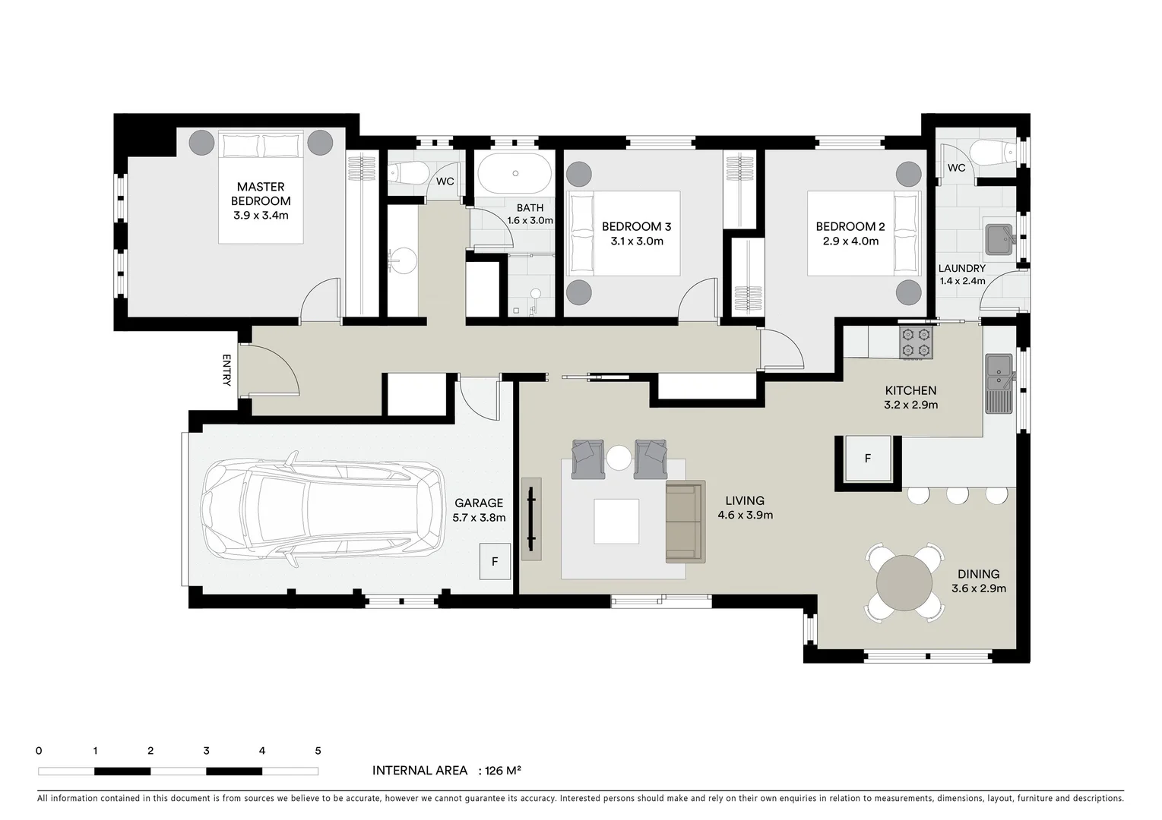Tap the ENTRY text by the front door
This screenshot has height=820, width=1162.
[226, 371]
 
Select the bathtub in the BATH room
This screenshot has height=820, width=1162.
[515, 174]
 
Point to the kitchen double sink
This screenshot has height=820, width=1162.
[999, 383]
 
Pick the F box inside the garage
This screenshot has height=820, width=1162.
[495, 562]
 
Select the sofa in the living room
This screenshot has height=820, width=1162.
[685, 522]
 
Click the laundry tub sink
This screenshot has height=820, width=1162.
[1000, 239]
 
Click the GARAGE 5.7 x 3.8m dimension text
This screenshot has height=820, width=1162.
[479, 518]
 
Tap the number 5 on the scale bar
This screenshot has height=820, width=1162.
[318, 751]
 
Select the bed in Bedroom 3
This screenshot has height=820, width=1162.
[625, 233]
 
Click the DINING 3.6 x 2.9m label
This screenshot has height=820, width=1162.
[979, 581]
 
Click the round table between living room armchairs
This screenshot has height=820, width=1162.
[619, 458]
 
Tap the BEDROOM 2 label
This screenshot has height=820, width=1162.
[850, 226]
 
